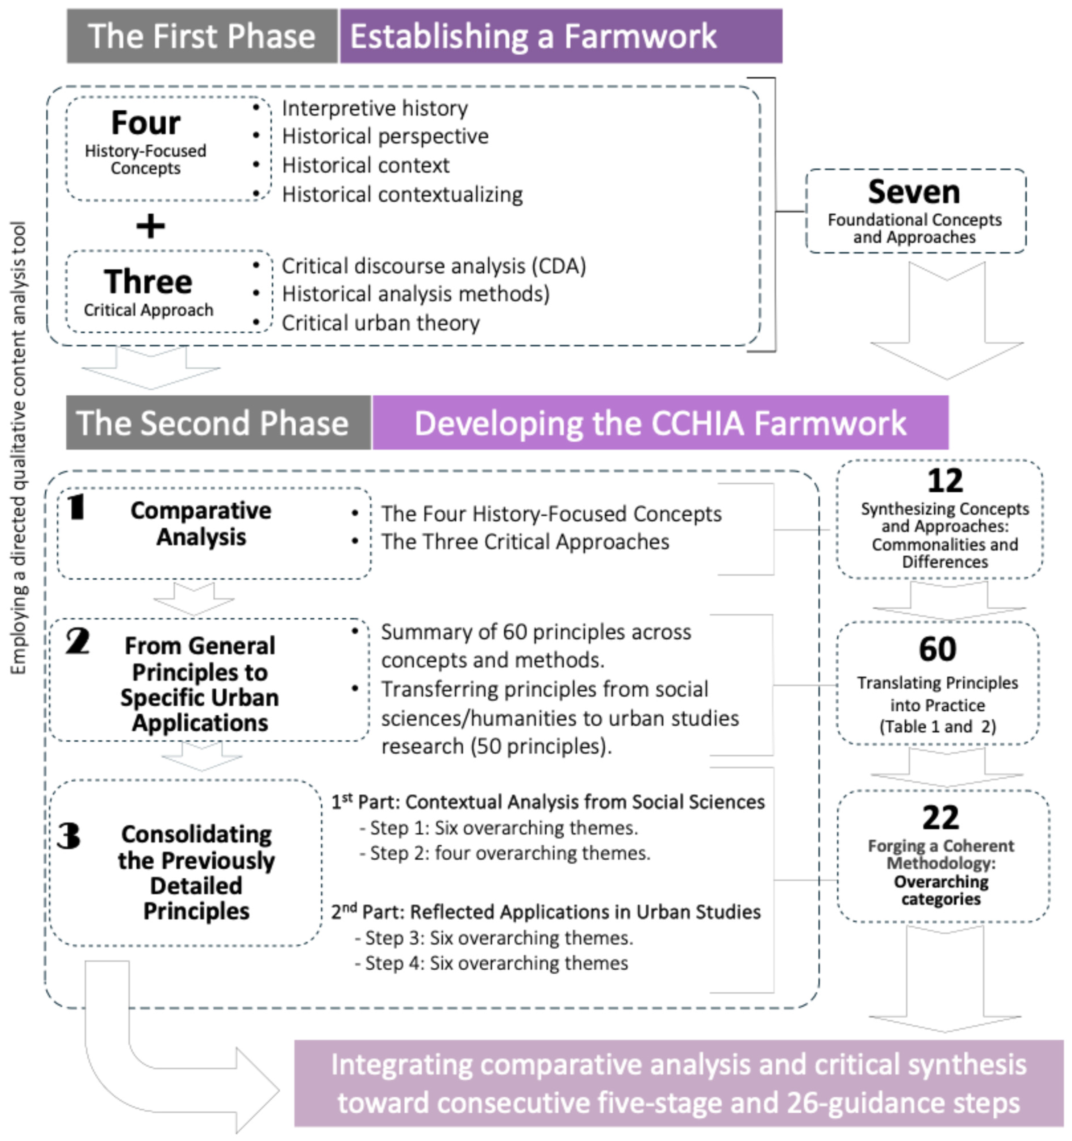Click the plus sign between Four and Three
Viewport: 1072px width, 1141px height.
click(150, 226)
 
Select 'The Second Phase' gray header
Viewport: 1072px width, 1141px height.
click(212, 423)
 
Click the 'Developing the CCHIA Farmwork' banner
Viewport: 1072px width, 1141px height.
click(660, 423)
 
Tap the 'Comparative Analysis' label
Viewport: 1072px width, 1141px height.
click(201, 524)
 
